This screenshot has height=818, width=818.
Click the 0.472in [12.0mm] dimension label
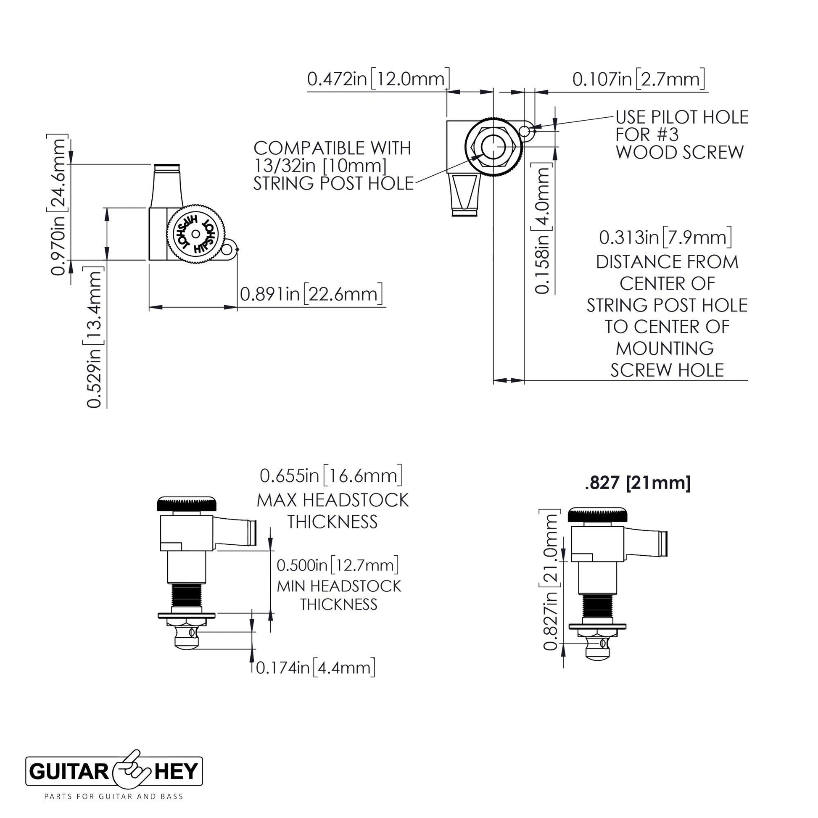click(378, 79)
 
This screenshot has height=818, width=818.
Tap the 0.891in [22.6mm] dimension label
click(311, 293)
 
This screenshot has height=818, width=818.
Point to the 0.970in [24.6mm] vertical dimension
click(58, 205)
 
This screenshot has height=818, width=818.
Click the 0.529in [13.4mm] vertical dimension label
click(94, 337)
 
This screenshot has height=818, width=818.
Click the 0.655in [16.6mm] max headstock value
click(331, 475)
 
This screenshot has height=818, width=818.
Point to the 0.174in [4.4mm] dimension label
click(315, 668)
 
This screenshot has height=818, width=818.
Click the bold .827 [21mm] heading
click(638, 483)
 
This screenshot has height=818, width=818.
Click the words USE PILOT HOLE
click(682, 117)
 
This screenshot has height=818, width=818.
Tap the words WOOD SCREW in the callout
click(680, 153)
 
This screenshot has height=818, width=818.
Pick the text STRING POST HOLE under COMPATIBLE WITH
click(333, 183)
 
